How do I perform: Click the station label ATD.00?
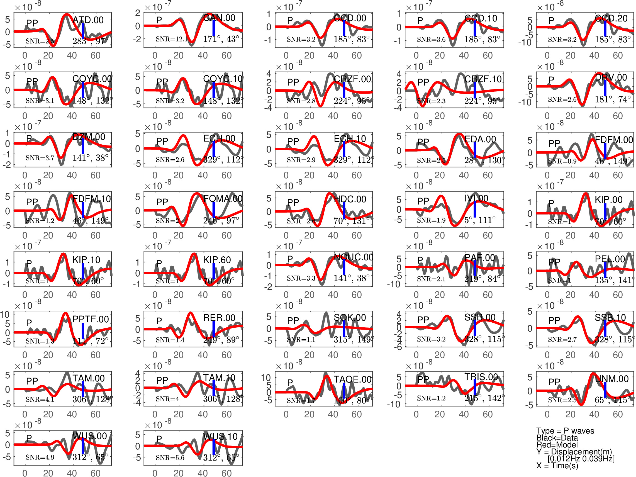(88, 20)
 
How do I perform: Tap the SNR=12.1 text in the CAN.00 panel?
(172, 39)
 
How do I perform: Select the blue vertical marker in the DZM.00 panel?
(83, 146)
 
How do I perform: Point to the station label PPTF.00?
(91, 319)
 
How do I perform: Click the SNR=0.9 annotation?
(562, 161)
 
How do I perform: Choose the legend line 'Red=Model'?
(557, 445)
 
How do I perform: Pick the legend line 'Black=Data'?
(557, 438)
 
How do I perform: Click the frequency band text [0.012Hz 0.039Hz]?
(581, 459)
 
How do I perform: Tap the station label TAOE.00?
(352, 379)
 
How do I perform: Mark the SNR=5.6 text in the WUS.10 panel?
(170, 458)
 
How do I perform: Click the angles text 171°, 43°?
(221, 39)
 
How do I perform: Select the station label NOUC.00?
(353, 257)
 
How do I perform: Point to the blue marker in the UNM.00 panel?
(605, 390)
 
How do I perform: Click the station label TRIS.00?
(481, 377)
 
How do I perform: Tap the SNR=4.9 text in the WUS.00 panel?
(40, 457)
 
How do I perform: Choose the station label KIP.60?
(217, 260)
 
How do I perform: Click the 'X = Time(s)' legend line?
(557, 466)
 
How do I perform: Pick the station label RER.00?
(219, 318)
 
